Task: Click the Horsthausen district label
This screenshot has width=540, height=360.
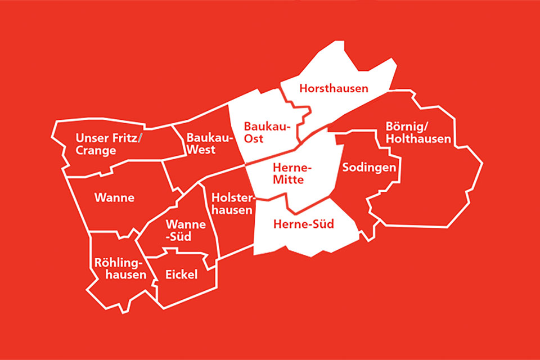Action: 334,88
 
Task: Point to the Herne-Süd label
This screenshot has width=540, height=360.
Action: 303,224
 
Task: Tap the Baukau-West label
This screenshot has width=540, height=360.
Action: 205,143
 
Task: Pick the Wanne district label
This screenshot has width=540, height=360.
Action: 114,197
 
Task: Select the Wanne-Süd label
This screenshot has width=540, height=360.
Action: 181,231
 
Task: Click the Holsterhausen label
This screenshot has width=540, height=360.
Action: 232,204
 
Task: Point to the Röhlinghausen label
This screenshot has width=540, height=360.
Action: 120,269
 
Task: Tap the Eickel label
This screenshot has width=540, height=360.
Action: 181,274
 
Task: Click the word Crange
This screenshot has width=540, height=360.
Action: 97,150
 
